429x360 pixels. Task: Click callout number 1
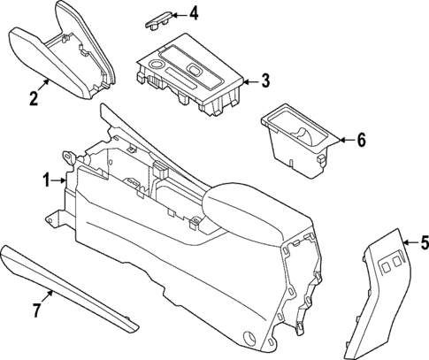[47, 180]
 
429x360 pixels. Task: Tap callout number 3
[264, 81]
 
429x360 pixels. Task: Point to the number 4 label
[193, 13]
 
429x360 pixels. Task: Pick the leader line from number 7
[50, 297]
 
